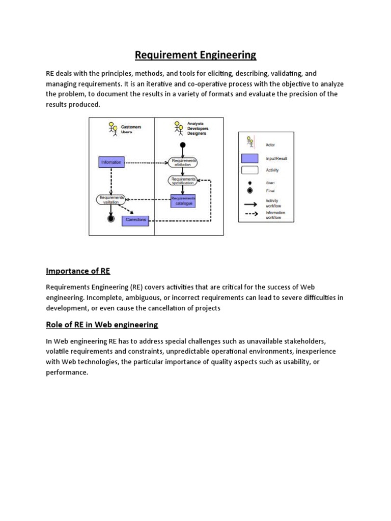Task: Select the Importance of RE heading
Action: [78, 270]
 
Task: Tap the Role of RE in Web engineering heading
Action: [102, 324]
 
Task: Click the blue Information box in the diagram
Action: [111, 162]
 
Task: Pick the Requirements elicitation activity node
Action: [183, 162]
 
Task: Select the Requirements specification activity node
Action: [183, 181]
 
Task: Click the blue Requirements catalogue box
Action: [183, 201]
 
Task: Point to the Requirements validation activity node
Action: [111, 199]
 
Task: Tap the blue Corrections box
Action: [135, 220]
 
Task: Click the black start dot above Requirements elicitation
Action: [183, 146]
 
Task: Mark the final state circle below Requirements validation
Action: [110, 219]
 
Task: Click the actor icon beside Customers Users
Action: [113, 129]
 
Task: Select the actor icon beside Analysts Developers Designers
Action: [178, 128]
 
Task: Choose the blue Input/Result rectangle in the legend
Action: [249, 158]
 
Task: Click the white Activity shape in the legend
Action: [249, 171]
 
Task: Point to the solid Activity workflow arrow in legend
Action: [249, 203]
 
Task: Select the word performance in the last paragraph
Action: [67, 372]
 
